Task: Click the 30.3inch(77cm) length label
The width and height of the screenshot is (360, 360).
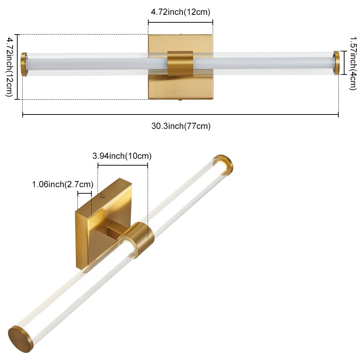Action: click(181, 126)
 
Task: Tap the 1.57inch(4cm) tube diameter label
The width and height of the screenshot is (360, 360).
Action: click(354, 64)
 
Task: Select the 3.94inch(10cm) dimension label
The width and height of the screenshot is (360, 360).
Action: click(122, 156)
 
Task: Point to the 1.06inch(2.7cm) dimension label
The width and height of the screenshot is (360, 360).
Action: click(63, 184)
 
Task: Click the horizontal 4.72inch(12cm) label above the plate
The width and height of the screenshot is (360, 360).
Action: click(180, 12)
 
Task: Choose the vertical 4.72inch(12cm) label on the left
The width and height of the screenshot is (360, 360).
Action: click(9, 67)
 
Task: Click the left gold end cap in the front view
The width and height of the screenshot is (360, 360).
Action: click(24, 64)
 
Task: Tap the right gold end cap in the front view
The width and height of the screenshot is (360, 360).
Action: click(337, 63)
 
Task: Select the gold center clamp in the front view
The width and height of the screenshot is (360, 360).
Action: click(180, 63)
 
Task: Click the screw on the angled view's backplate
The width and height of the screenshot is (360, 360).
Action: click(102, 195)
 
